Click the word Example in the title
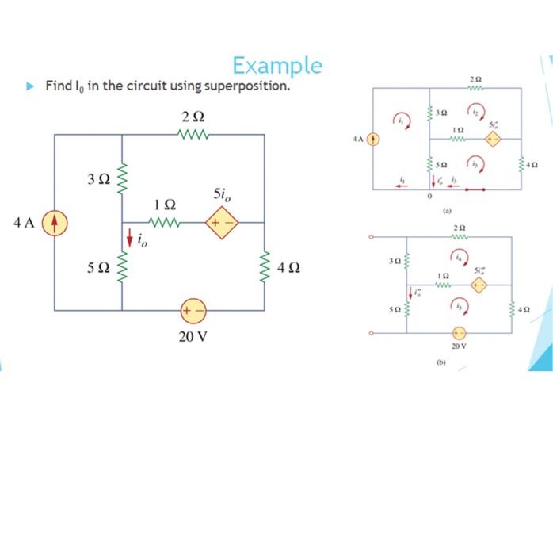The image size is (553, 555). pyautogui.click(x=277, y=65)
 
